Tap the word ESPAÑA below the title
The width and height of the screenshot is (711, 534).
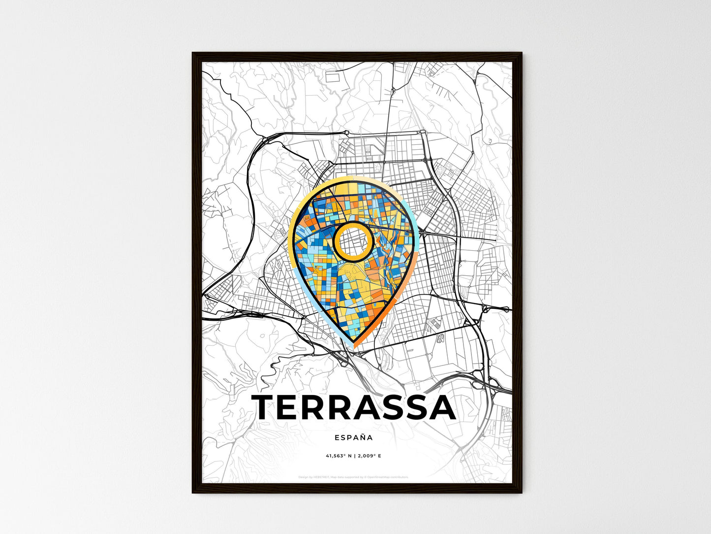click(x=353, y=437)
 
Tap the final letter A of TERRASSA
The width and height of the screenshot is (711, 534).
click(x=440, y=408)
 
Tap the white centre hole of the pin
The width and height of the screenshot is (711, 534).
click(x=353, y=241)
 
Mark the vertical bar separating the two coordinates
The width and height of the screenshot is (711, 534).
click(x=355, y=456)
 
